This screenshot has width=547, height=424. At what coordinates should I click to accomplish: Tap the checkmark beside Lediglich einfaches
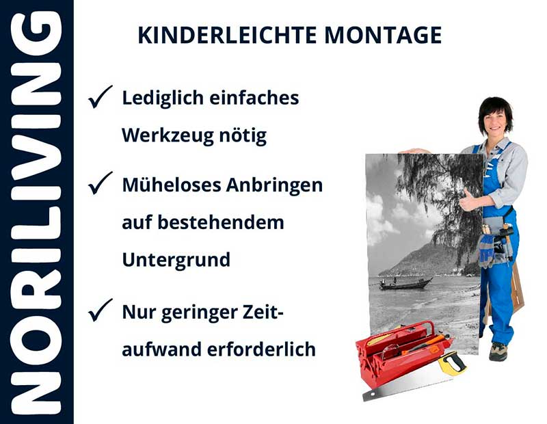pos(101,98)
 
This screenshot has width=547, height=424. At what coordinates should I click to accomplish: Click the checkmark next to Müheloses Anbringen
pos(101,183)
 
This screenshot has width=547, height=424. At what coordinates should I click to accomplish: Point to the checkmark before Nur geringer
pos(101,312)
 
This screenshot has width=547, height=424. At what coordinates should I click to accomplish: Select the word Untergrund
pos(176,261)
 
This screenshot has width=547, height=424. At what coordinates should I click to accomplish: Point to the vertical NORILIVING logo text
pos(36,212)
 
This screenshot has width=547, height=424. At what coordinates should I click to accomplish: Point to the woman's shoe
pos(498,352)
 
